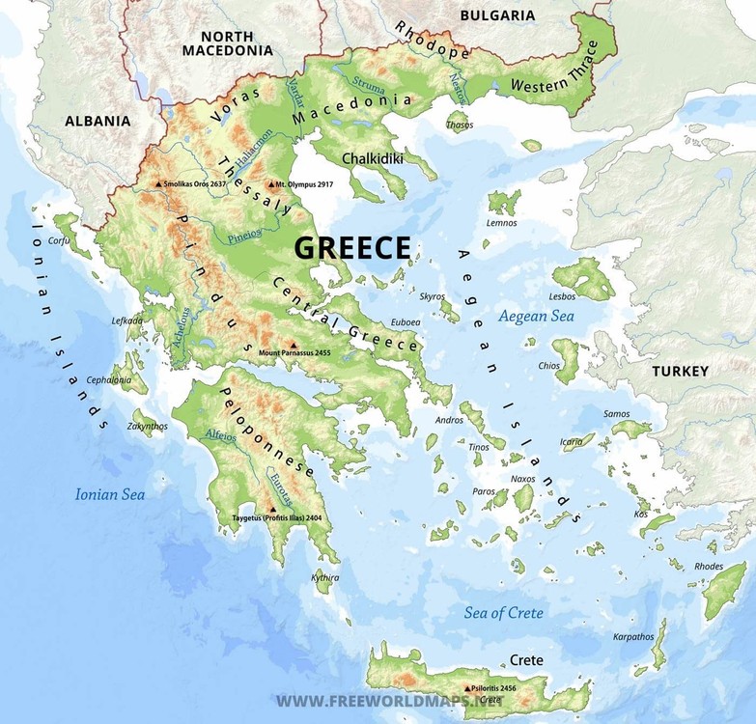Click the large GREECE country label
pyautogui.click(x=352, y=247)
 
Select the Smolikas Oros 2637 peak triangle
pyautogui.click(x=158, y=182)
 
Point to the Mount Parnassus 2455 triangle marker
pyautogui.click(x=293, y=344)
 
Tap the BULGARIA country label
pyautogui.click(x=497, y=15)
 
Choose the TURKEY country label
pyautogui.click(x=680, y=371)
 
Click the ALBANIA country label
pyautogui.click(x=97, y=122)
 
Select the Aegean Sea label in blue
pyautogui.click(x=536, y=316)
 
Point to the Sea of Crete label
pyautogui.click(x=503, y=613)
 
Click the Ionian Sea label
pyautogui.click(x=110, y=494)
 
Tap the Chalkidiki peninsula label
pyautogui.click(x=371, y=157)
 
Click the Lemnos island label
pyautogui.click(x=501, y=222)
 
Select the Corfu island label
pyautogui.click(x=60, y=241)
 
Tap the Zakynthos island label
pyautogui.click(x=147, y=426)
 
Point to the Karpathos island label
pyautogui.click(x=633, y=637)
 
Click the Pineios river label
pyautogui.click(x=243, y=235)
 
